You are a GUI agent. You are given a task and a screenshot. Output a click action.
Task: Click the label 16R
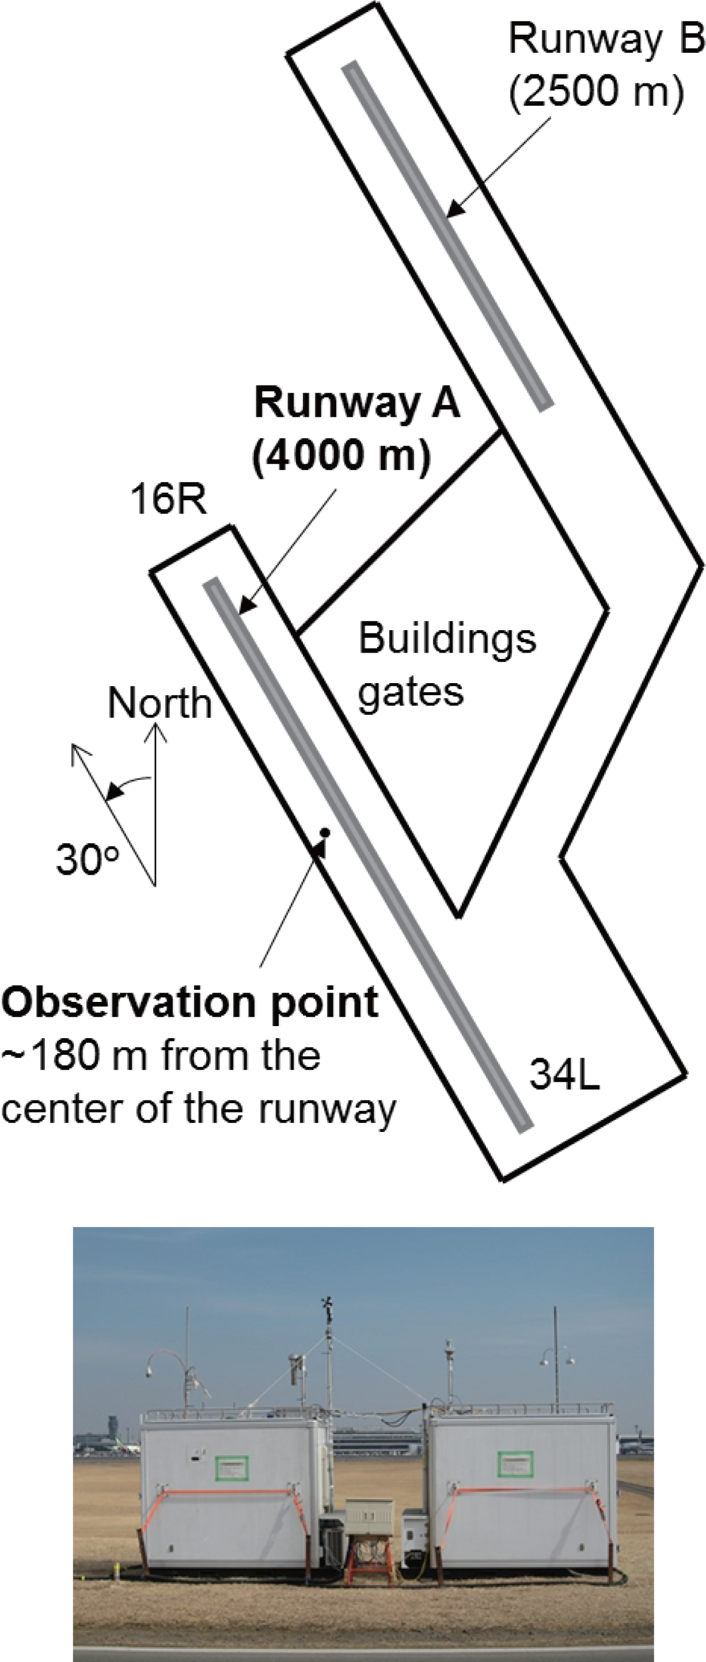168,500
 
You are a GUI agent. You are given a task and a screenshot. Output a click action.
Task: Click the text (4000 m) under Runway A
342,458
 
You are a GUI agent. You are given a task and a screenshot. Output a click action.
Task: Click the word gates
411,692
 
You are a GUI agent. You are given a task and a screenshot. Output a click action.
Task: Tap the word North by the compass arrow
160,703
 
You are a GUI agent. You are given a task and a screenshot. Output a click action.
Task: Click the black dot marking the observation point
325,833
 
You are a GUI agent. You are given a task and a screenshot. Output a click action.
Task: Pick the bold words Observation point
189,1002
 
